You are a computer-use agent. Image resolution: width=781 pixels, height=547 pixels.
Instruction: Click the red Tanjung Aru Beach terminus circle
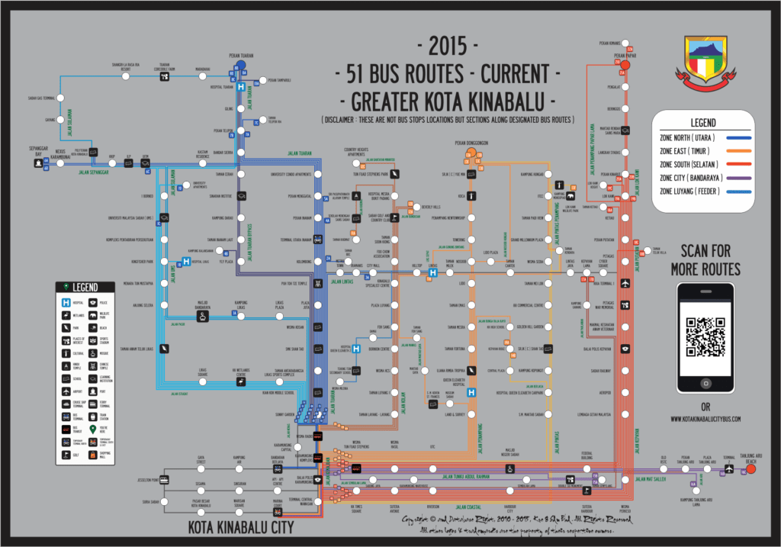(750, 470)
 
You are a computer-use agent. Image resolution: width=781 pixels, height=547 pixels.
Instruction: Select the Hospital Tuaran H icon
(240, 88)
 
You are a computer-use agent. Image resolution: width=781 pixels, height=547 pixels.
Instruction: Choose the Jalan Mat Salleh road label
(651, 480)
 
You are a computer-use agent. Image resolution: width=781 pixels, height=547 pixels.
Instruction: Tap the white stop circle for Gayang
(61, 120)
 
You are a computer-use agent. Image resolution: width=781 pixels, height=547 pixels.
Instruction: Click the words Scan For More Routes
(705, 260)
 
